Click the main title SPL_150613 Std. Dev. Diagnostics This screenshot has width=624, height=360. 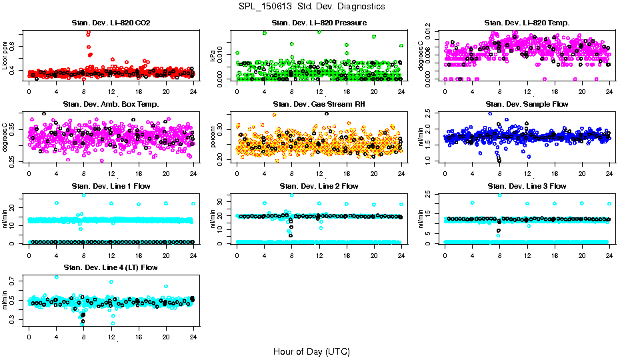point(311,6)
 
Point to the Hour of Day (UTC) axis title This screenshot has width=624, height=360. point(311,351)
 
